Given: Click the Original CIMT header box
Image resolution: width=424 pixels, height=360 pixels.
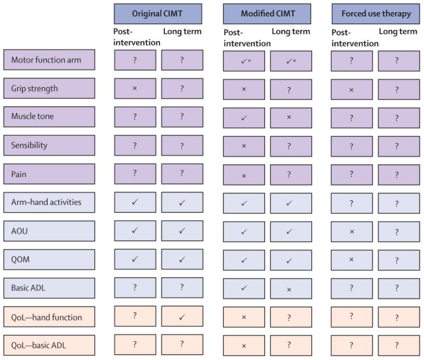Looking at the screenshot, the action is click(x=158, y=14).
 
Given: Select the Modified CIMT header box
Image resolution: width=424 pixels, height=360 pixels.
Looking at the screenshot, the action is click(x=267, y=14).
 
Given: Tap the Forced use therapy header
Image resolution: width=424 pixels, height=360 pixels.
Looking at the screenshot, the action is click(x=376, y=14).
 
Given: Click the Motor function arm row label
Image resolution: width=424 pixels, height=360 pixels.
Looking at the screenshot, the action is click(x=49, y=60).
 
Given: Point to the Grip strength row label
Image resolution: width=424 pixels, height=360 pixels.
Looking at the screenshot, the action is click(x=49, y=88).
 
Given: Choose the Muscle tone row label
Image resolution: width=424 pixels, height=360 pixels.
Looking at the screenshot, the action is click(x=49, y=117).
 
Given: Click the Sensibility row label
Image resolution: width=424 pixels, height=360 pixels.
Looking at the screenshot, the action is click(x=49, y=145).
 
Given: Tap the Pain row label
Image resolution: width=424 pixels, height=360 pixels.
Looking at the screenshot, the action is click(x=49, y=174).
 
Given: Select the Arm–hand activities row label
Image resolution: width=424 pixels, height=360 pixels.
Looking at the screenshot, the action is click(x=49, y=203).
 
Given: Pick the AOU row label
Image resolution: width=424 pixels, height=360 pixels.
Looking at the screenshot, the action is click(x=49, y=231).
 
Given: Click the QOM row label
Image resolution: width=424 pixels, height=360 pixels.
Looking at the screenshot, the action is click(x=49, y=259).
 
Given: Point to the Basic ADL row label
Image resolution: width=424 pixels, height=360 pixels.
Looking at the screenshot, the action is click(x=49, y=288).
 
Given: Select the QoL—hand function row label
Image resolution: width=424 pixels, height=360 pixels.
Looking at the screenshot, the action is click(x=49, y=317).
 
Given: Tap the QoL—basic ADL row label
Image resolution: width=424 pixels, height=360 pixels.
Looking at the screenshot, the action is click(x=49, y=345).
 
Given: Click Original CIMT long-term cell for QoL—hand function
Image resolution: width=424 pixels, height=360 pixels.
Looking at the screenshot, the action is click(x=182, y=317).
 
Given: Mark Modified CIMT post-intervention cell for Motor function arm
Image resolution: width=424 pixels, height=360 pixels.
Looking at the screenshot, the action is click(x=244, y=61).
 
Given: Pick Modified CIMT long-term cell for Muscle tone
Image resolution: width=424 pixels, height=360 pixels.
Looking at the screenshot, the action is click(x=291, y=118).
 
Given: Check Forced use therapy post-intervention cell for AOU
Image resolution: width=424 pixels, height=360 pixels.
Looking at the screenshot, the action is click(x=352, y=232).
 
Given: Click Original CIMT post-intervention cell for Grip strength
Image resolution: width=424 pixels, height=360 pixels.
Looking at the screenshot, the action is click(x=135, y=88).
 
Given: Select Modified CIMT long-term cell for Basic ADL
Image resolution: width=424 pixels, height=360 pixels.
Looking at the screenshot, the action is click(x=291, y=288).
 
